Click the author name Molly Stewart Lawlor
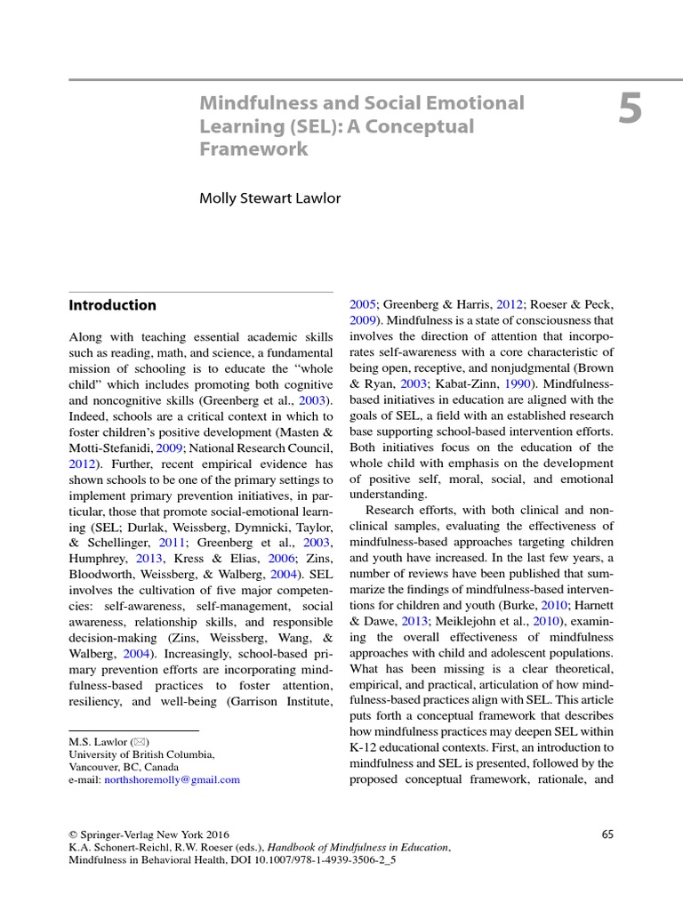click(269, 198)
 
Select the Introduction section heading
click(112, 305)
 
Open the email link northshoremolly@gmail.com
click(173, 779)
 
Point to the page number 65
click(607, 834)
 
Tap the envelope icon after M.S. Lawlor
click(140, 741)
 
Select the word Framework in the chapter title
click(253, 149)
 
